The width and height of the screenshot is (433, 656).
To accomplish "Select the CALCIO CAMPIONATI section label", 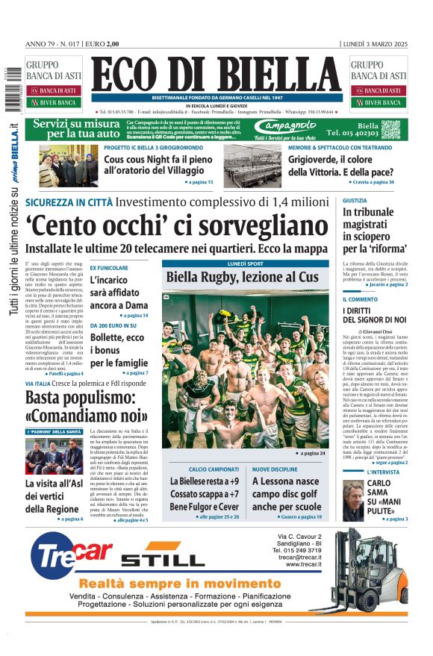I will (x=203, y=469).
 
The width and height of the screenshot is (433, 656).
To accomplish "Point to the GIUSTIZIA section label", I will (x=355, y=201).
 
